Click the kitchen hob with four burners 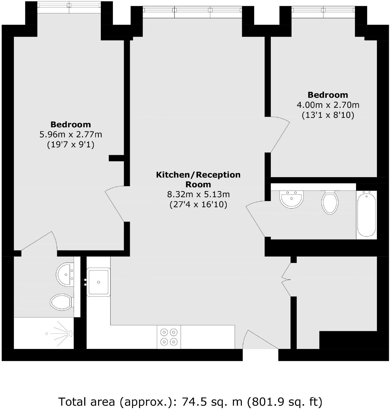click(x=169, y=337)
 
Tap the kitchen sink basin click(x=99, y=282)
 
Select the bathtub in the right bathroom click(x=367, y=215)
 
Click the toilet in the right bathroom click(x=330, y=202)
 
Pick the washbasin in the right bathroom click(x=291, y=199)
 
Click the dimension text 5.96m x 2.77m click(x=71, y=135)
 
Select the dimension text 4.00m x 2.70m click(x=328, y=105)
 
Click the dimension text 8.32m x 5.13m click(x=198, y=194)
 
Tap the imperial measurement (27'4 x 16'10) click(x=198, y=204)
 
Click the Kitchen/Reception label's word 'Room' click(x=198, y=184)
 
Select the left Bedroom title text click(x=71, y=124)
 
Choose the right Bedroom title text click(x=328, y=95)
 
